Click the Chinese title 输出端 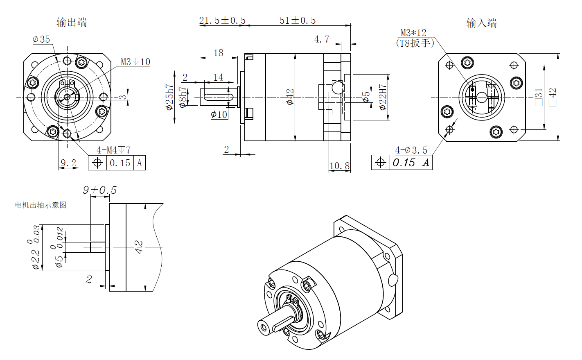click(72, 23)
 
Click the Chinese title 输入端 click(481, 23)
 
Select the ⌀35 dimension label click(41, 39)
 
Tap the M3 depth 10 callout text click(135, 62)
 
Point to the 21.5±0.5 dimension click(222, 20)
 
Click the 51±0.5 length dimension click(298, 20)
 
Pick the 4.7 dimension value click(322, 39)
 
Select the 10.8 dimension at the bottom click(340, 166)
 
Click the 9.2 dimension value click(68, 163)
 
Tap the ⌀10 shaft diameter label click(219, 114)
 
